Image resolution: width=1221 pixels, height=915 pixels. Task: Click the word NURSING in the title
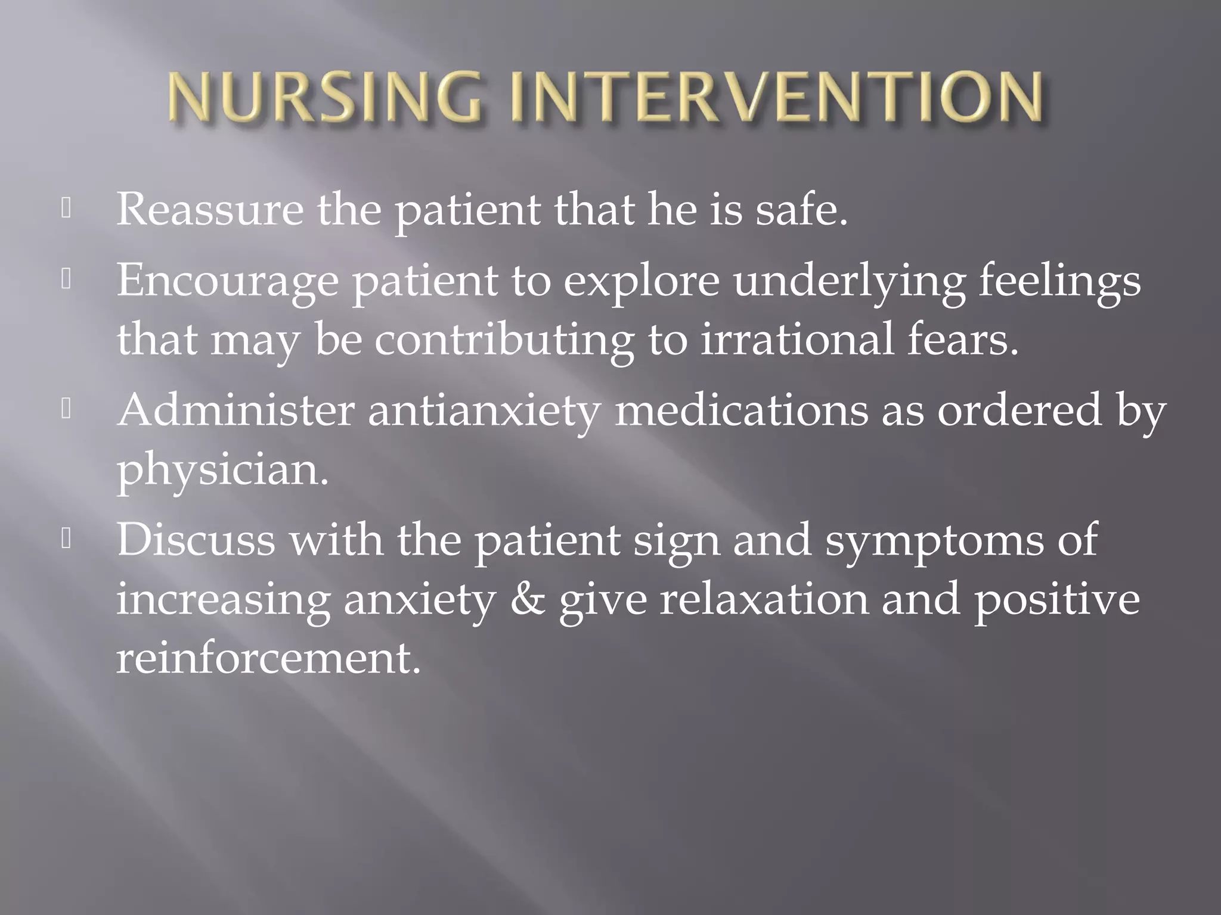point(325,97)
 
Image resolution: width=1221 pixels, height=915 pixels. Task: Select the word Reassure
point(210,210)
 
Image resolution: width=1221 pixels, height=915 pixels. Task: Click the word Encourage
point(227,281)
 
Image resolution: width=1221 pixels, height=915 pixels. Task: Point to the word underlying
point(849,281)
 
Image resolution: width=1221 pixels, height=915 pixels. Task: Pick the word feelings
point(1059,281)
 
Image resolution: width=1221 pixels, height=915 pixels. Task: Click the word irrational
point(797,340)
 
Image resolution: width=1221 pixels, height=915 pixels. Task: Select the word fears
point(962,340)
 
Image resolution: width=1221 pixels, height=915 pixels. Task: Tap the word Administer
point(235,410)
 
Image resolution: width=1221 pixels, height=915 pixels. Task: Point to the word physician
point(222,469)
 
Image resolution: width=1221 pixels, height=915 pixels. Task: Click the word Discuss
point(196,540)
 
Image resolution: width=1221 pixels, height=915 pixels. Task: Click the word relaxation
point(764,599)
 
